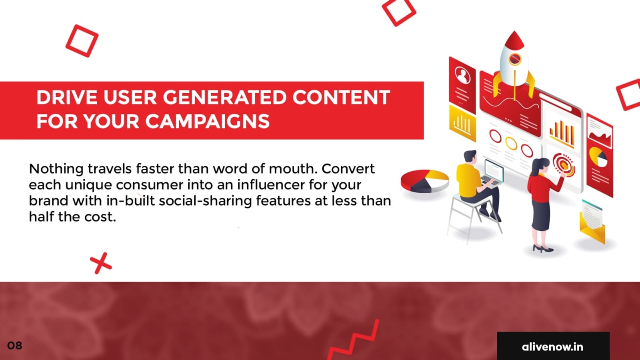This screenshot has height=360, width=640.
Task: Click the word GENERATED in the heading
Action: [x=224, y=98]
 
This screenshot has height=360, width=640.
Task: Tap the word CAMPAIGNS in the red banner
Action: [x=208, y=121]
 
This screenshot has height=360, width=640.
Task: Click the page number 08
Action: [x=14, y=346]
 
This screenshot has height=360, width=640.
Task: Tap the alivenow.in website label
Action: [x=552, y=347]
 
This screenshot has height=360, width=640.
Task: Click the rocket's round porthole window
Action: [x=515, y=59]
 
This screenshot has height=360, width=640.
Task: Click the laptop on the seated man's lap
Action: [x=492, y=174]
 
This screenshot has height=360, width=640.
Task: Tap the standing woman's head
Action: [x=540, y=166]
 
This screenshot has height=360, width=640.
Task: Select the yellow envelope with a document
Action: [x=592, y=223]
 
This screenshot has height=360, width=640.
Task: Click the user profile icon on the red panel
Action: [x=462, y=75]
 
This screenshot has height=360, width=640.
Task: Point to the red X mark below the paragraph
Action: [x=100, y=263]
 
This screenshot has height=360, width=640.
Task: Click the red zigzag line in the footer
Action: [x=354, y=340]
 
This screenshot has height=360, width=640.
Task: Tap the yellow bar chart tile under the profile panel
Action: [x=462, y=123]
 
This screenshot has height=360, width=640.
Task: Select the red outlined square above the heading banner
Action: [x=82, y=41]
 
